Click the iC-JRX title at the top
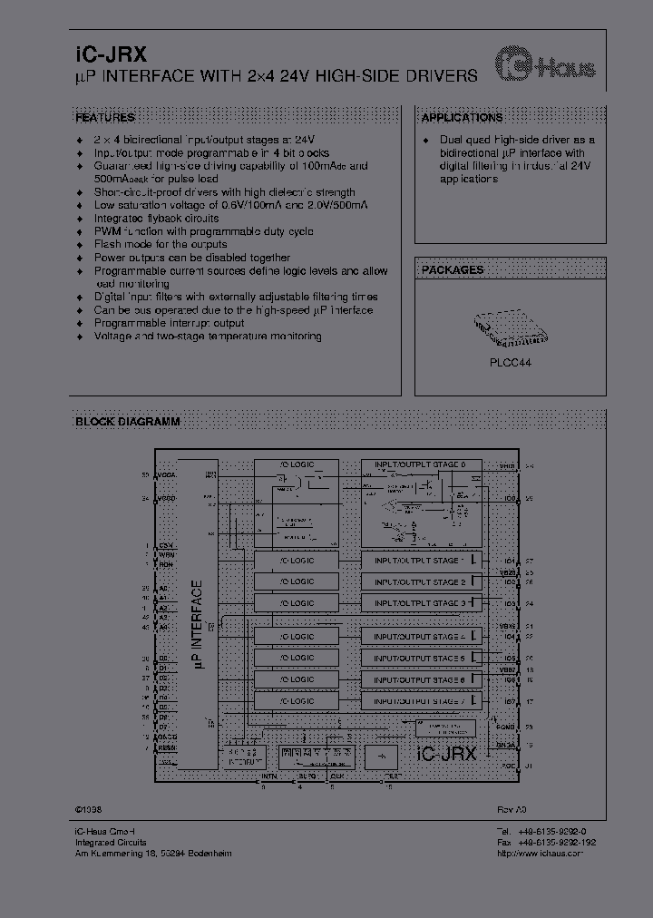click(104, 54)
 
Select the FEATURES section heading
click(104, 118)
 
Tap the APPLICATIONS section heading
click(462, 118)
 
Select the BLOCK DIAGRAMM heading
click(127, 422)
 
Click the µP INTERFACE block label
click(198, 626)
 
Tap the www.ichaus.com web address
click(552, 854)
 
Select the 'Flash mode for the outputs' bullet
click(161, 245)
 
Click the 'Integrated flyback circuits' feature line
click(156, 219)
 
